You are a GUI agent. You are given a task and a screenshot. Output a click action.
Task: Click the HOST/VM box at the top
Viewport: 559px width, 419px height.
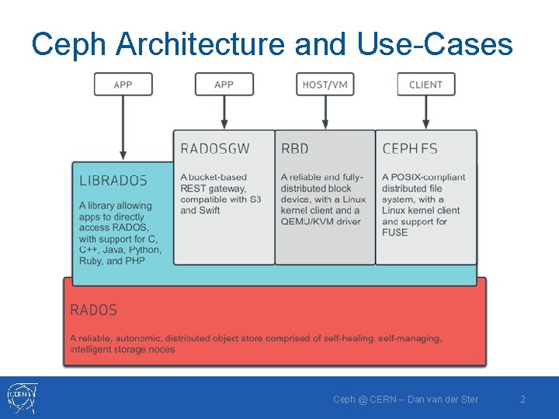pyautogui.click(x=325, y=85)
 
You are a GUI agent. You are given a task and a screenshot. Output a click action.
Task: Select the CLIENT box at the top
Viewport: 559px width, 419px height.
pyautogui.click(x=425, y=85)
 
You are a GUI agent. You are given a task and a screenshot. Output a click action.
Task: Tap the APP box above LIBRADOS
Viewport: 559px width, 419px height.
pyautogui.click(x=123, y=85)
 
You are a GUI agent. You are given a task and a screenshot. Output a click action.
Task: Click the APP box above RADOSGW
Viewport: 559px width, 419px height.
pyautogui.click(x=224, y=85)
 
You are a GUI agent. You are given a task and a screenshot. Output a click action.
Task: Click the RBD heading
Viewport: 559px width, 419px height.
pyautogui.click(x=295, y=148)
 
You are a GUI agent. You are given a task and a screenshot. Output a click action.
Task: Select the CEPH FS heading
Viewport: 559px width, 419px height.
pyautogui.click(x=411, y=148)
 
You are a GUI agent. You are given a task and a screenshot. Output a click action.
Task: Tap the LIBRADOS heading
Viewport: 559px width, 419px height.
pyautogui.click(x=113, y=181)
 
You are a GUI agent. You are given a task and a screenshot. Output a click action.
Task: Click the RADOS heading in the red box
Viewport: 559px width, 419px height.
pyautogui.click(x=93, y=310)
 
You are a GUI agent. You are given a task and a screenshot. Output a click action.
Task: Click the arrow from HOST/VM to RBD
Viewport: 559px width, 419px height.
pyautogui.click(x=325, y=113)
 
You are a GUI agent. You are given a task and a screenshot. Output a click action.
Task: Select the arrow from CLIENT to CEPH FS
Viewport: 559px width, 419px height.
pyautogui.click(x=425, y=113)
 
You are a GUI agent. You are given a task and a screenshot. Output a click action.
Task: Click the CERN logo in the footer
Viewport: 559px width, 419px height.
pyautogui.click(x=21, y=397)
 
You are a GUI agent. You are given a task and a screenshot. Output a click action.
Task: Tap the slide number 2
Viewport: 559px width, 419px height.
pyautogui.click(x=523, y=399)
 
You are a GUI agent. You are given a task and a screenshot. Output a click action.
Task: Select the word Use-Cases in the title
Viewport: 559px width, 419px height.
pyautogui.click(x=435, y=44)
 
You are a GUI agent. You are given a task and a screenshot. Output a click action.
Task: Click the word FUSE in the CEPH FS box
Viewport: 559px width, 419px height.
pyautogui.click(x=394, y=232)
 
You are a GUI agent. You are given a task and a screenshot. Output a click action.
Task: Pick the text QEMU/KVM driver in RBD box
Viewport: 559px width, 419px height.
pyautogui.click(x=321, y=221)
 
